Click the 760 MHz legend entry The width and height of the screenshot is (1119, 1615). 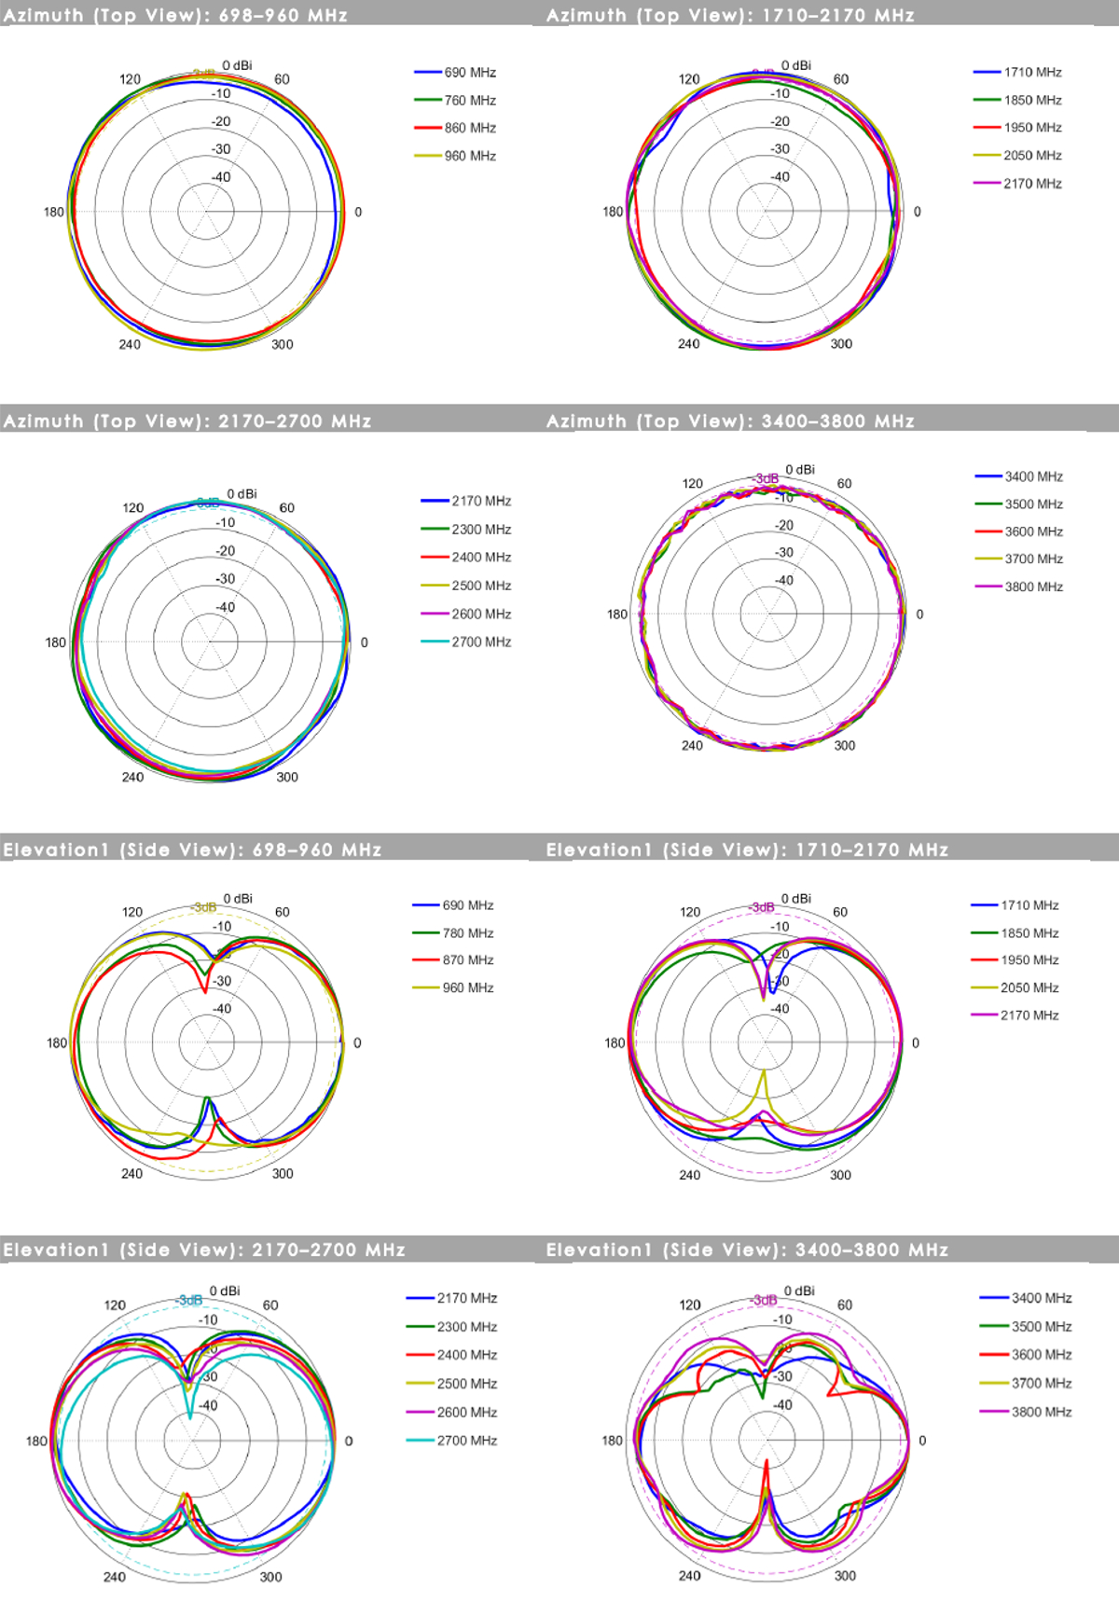pos(469,101)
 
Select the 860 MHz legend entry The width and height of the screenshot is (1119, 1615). pos(469,129)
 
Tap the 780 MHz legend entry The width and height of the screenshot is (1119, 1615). pos(467,933)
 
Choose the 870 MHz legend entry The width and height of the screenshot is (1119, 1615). pos(467,960)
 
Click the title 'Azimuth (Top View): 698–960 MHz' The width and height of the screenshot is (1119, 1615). pos(175,16)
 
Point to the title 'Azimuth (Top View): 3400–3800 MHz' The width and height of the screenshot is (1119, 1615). pos(730,421)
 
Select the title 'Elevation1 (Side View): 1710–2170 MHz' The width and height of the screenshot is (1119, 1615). pos(747,850)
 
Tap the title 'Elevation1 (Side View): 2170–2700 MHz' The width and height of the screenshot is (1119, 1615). pos(204,1250)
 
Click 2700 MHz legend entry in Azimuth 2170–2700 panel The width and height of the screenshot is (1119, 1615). pos(480,642)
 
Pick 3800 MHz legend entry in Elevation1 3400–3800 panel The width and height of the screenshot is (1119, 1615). pos(1041,1413)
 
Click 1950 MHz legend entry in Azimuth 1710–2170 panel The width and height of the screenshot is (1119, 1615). pos(1032,128)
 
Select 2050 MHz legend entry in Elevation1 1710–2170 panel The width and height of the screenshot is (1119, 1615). pos(1029,988)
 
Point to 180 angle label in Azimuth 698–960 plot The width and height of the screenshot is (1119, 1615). pos(54,213)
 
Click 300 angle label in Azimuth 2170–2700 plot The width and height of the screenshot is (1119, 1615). pos(287,778)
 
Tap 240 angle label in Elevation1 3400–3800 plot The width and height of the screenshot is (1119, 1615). pos(689,1576)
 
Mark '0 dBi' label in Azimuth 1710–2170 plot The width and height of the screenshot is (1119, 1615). pos(796,65)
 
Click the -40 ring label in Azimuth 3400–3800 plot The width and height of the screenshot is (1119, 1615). pos(784,581)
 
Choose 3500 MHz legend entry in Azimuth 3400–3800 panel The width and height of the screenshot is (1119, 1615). pos(1033,504)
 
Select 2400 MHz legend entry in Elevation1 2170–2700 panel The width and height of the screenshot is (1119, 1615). pos(466,1356)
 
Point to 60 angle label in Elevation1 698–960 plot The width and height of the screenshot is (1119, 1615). pos(283,912)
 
